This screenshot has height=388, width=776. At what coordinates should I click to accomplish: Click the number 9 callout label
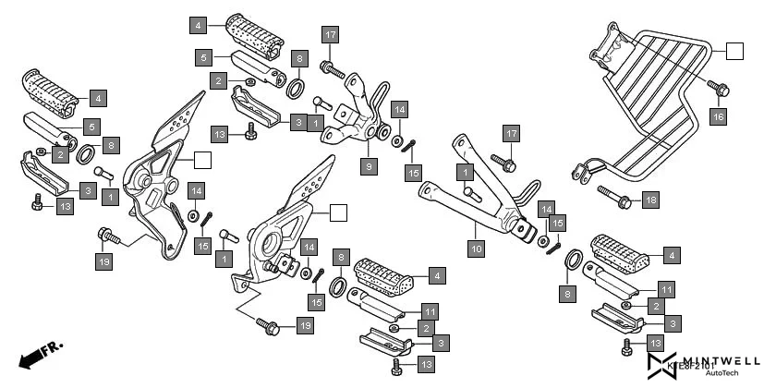369,167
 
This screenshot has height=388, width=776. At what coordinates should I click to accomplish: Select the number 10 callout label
476,248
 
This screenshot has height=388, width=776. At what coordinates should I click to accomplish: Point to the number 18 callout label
650,200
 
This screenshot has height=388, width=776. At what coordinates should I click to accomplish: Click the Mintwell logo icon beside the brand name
665,363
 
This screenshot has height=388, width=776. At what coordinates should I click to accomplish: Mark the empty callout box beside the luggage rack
734,51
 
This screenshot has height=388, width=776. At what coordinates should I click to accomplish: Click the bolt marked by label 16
721,90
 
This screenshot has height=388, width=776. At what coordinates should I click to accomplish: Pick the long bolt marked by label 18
613,196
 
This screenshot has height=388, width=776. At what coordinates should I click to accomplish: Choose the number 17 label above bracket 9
330,36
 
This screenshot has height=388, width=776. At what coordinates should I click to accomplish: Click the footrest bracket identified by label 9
356,115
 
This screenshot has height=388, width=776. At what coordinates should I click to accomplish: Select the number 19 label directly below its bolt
107,261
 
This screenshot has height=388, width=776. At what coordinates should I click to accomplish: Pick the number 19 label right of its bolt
304,325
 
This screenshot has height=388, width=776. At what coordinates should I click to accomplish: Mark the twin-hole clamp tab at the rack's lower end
581,173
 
